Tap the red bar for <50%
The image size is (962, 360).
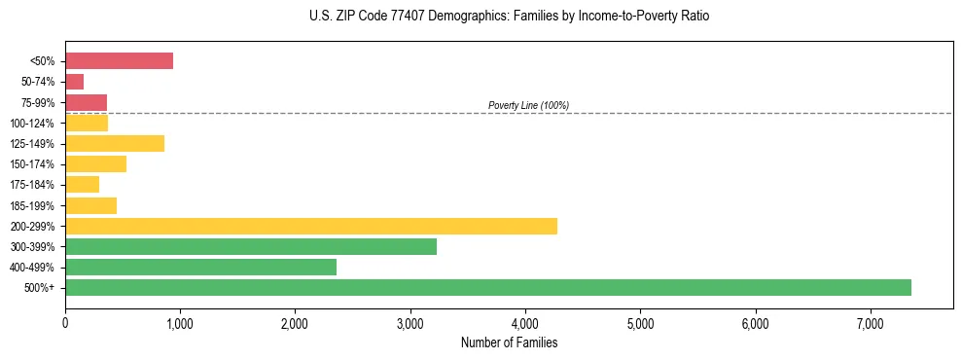click(119, 61)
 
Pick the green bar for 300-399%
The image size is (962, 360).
click(251, 246)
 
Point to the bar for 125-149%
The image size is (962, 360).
click(115, 143)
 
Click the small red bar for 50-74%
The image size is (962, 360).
click(75, 82)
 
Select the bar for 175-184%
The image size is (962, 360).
click(82, 184)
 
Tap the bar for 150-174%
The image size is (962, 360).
click(95, 163)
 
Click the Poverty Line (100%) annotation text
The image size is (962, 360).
click(528, 105)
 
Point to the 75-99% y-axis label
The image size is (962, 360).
click(38, 102)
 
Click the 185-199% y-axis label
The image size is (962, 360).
click(34, 205)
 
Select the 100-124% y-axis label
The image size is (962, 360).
click(34, 123)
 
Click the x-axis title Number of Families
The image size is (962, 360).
click(509, 342)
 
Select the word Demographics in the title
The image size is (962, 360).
click(440, 17)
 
